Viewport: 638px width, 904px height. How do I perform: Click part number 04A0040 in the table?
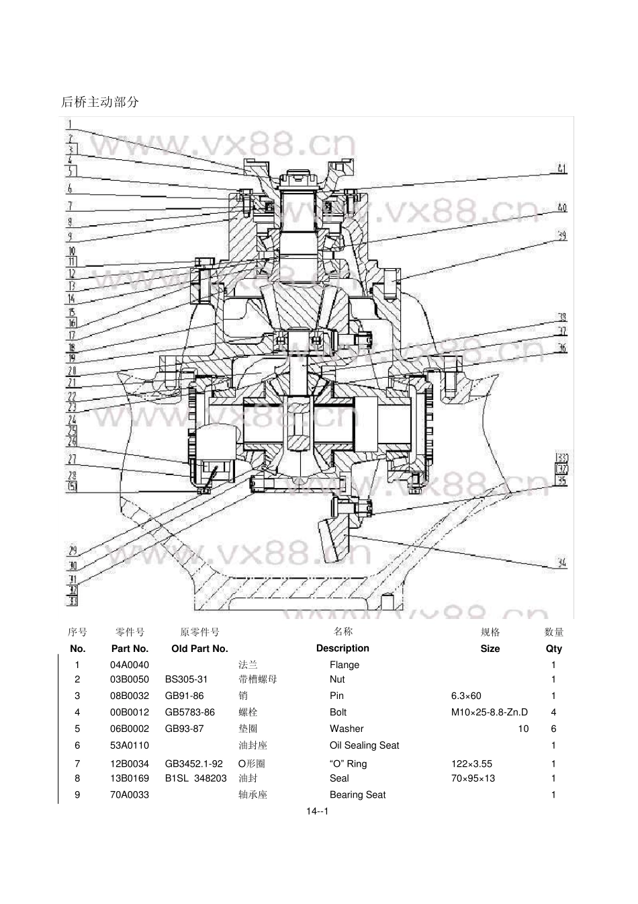tap(130, 665)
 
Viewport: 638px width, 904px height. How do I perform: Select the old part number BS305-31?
tap(186, 680)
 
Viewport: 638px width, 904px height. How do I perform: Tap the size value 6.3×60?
tap(466, 696)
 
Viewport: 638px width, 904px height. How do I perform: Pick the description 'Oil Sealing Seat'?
tap(364, 745)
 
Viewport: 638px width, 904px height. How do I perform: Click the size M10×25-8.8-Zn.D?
tap(489, 712)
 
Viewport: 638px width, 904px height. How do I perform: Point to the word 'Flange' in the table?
tap(345, 665)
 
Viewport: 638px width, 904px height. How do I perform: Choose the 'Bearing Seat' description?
tap(357, 795)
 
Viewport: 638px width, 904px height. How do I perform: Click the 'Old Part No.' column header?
tap(199, 649)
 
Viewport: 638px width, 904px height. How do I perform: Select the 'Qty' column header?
tap(553, 649)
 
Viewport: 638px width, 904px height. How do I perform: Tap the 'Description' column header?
tap(343, 649)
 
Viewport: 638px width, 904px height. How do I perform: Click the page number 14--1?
tap(317, 811)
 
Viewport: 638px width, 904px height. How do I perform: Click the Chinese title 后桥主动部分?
tap(100, 102)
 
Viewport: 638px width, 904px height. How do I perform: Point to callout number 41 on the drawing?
tap(561, 168)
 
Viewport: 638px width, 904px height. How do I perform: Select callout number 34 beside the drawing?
tap(561, 563)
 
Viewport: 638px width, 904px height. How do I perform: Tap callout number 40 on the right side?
tap(562, 207)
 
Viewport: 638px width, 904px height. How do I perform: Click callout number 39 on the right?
tap(562, 236)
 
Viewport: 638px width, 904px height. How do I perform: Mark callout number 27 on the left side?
tap(72, 459)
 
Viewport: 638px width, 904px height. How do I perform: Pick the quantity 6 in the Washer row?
tap(553, 729)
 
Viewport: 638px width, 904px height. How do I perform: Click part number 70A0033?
tap(130, 795)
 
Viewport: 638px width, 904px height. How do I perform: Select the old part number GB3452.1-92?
tap(193, 764)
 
